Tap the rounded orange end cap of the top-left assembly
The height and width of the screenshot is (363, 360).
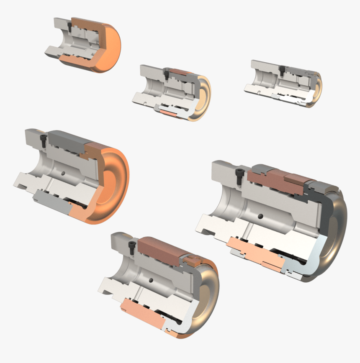(111, 46)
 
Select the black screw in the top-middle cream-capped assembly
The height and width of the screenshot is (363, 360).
(167, 75)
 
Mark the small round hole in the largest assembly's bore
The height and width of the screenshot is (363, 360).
(260, 216)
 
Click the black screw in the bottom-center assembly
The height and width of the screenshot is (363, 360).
(133, 247)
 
